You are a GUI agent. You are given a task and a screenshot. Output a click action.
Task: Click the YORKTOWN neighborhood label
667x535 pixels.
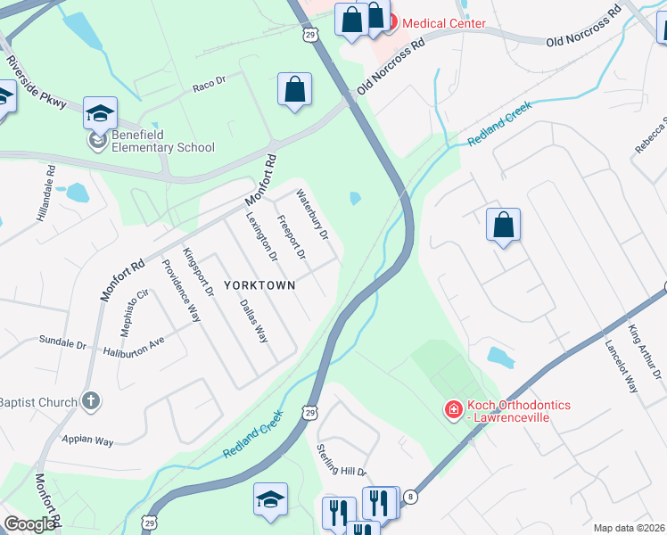(259, 285)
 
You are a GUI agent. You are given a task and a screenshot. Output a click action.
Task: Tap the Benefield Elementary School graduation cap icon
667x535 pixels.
(100, 113)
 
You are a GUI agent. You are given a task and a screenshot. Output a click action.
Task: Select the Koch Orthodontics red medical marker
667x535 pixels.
(453, 410)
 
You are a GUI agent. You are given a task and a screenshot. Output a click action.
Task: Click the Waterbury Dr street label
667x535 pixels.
(313, 215)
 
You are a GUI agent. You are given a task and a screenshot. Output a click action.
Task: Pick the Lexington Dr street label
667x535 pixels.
(261, 236)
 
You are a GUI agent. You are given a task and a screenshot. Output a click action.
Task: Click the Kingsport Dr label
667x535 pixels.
(198, 273)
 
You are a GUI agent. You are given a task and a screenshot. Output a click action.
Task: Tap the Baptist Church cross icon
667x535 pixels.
(89, 402)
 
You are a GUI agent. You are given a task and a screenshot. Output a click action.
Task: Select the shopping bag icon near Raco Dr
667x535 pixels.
(294, 89)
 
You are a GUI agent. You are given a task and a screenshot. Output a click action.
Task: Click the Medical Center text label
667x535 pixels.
(445, 23)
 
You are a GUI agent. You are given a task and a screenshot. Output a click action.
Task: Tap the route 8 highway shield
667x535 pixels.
(410, 496)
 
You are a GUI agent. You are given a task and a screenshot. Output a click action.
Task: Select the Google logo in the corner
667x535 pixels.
(29, 524)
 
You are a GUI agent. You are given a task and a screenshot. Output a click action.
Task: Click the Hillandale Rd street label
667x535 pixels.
(49, 186)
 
